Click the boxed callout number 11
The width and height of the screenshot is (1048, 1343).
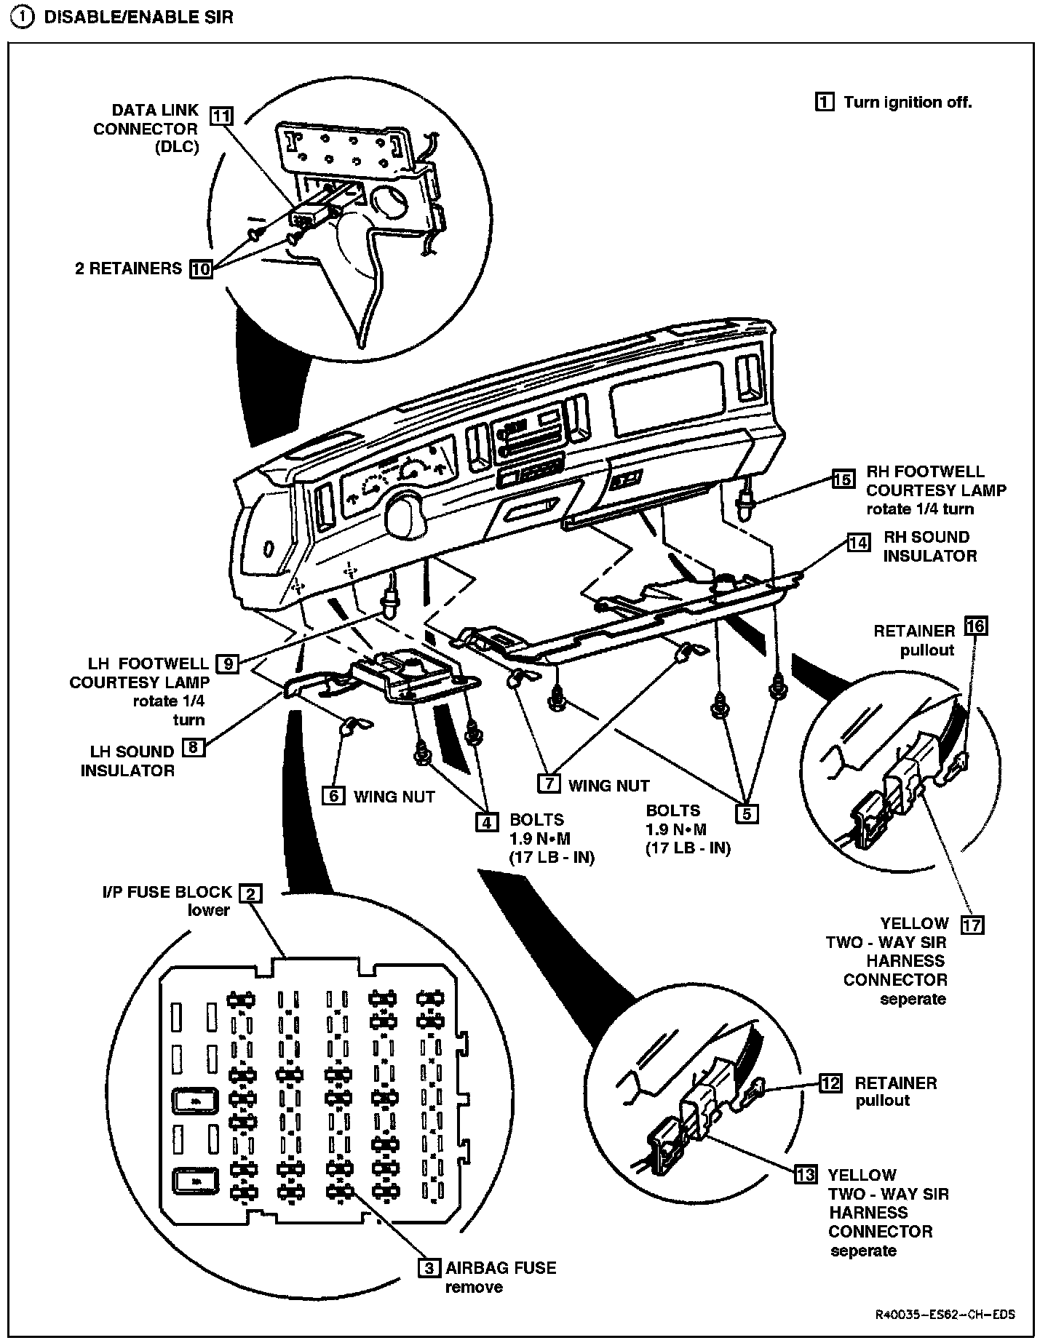(222, 116)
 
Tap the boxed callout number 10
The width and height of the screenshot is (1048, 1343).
(200, 268)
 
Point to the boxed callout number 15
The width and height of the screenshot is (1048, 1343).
(843, 479)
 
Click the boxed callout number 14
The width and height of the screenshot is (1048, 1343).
(859, 542)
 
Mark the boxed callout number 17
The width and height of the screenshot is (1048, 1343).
(972, 925)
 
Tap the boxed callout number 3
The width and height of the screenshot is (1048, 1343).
(429, 1267)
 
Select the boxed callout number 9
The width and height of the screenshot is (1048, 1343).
(228, 663)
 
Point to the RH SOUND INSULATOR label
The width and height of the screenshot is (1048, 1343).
(929, 546)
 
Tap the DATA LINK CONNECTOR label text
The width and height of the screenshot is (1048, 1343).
(146, 129)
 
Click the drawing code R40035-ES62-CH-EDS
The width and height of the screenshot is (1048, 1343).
(945, 1315)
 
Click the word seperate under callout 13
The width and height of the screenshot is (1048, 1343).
(863, 1251)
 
